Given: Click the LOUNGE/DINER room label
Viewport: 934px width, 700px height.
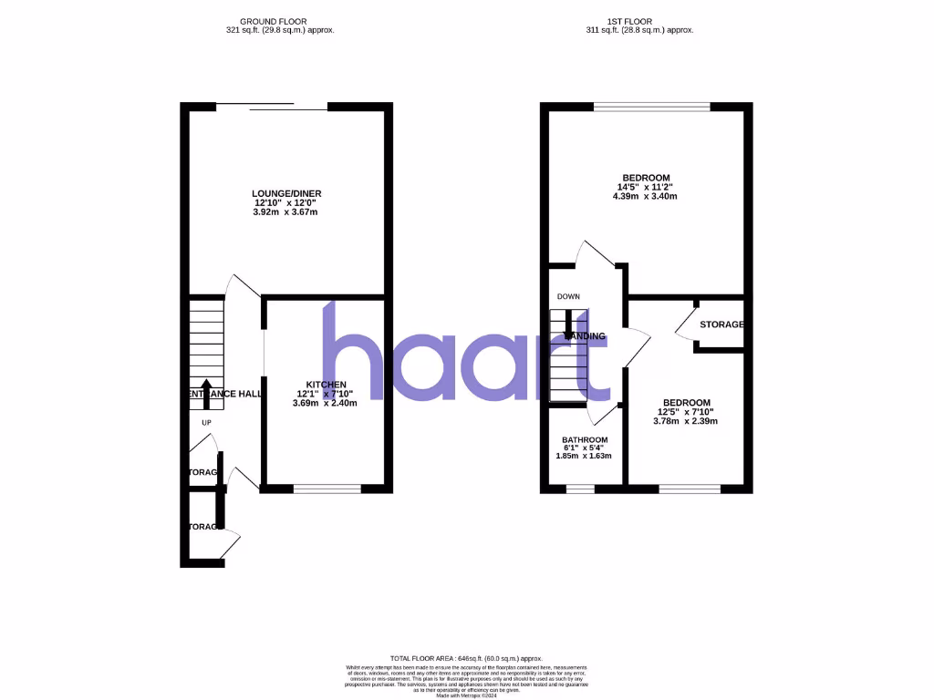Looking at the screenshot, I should tap(286, 193).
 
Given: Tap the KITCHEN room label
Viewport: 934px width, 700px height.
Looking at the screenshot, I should tap(325, 384).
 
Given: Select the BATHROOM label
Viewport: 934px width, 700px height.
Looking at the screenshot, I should tap(585, 439).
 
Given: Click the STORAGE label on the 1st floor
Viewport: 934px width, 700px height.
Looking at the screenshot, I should tap(721, 324).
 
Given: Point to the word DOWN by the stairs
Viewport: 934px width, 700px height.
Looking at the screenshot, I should tap(568, 296).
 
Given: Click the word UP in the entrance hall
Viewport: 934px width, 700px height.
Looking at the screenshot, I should tap(205, 423).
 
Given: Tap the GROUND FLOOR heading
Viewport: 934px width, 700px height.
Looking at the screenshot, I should tap(273, 21).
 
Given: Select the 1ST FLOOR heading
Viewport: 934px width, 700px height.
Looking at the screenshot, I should tap(638, 21).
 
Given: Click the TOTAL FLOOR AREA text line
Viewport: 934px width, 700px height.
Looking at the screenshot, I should tap(466, 658).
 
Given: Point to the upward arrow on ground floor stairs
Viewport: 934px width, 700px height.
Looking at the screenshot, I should tap(205, 391).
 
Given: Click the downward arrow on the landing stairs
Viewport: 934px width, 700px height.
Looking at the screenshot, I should tap(568, 324).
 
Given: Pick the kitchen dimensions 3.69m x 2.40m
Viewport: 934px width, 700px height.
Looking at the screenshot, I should tap(325, 403).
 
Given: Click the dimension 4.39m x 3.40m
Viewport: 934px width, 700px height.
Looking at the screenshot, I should tap(646, 197).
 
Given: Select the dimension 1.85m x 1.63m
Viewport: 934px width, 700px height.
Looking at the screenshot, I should tap(585, 456).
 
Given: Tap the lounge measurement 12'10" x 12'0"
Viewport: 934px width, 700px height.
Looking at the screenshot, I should tap(286, 202).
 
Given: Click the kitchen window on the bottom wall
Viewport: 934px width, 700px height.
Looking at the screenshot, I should tap(327, 489).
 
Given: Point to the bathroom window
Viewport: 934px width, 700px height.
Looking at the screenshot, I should tap(580, 489).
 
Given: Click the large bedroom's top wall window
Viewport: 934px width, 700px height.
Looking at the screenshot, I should tap(652, 108).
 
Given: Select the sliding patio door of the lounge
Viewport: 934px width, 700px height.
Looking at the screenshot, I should tap(272, 106).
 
